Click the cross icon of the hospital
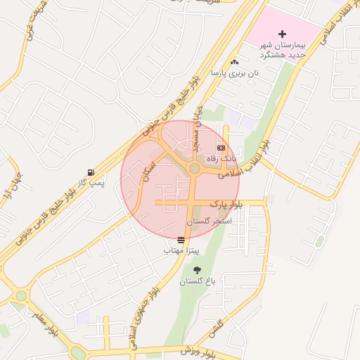tap(283, 34)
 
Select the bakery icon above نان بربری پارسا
tap(234, 63)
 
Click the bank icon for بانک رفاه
tap(221, 148)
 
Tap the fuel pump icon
tap(91, 172)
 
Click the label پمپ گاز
tap(91, 183)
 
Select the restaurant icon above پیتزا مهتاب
tap(182, 240)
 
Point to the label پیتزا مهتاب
tap(182, 250)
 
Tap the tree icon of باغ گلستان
tap(196, 270)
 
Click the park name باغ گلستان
tap(196, 281)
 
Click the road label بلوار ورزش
tap(196, 350)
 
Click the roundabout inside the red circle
tap(194, 168)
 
